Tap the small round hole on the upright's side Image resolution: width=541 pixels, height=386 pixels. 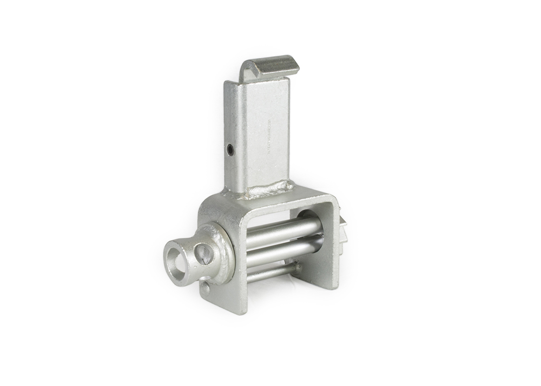coord(230,150)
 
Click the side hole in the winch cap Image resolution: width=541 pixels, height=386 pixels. coord(203,253)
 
